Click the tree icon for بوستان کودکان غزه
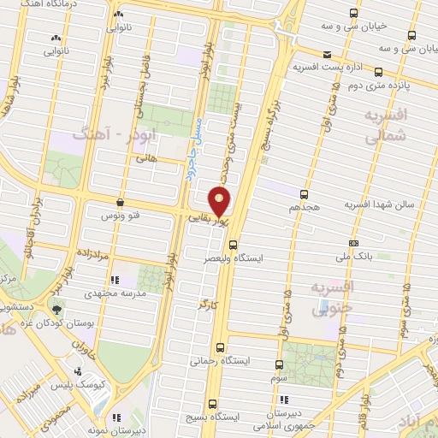point(57,310)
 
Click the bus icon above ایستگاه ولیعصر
point(233,244)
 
